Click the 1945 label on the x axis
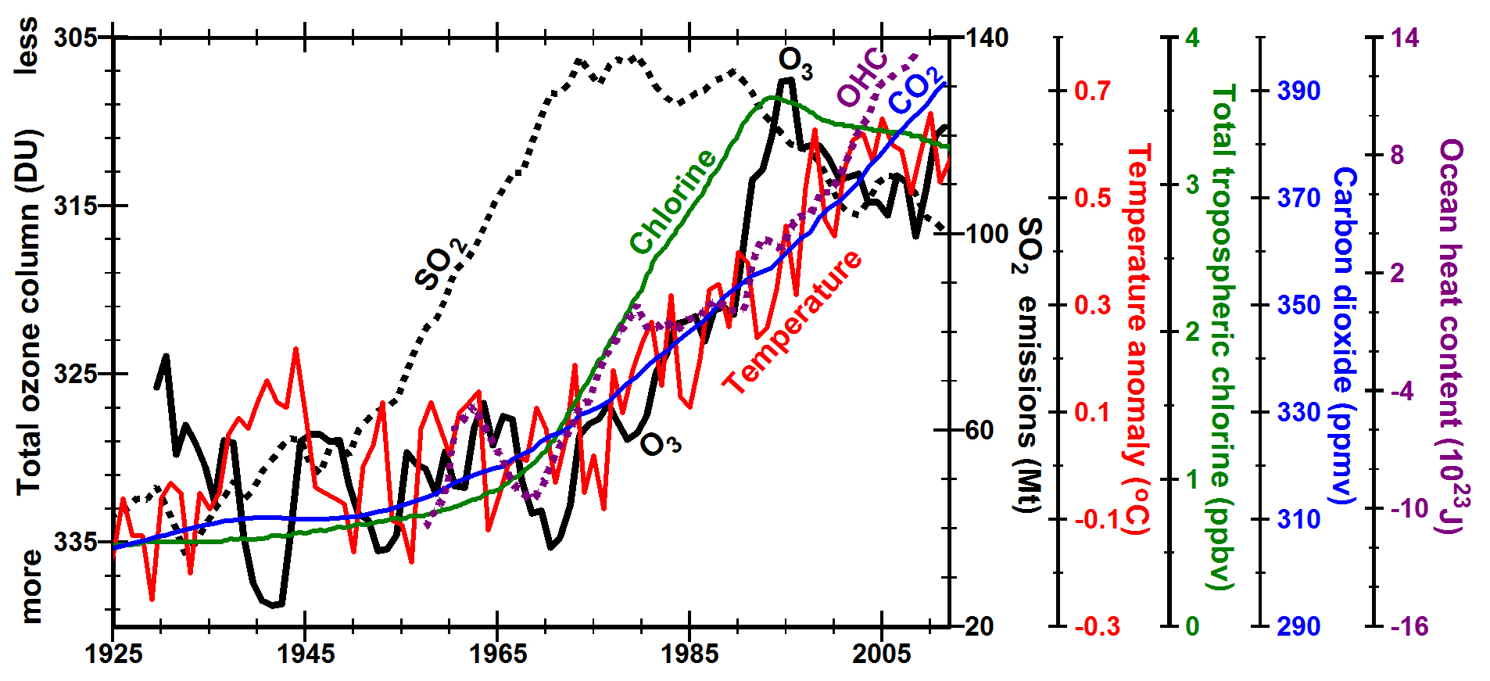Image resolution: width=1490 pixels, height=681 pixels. [x=306, y=654]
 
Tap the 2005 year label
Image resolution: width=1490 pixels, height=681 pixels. [x=882, y=654]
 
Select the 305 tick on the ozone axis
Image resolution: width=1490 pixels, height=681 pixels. [x=76, y=38]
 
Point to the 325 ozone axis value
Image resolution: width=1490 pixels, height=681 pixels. [x=76, y=374]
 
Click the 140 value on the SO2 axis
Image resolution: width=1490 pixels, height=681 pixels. [x=987, y=38]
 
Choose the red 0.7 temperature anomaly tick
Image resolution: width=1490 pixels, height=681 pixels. [x=1092, y=91]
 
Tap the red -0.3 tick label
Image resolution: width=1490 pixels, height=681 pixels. [x=1097, y=626]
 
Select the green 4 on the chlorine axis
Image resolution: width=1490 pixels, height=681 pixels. [x=1192, y=38]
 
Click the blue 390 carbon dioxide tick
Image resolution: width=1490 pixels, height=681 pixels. [x=1298, y=91]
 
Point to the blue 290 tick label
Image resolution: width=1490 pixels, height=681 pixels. [x=1298, y=626]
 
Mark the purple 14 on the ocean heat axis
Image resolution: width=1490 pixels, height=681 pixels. [x=1404, y=38]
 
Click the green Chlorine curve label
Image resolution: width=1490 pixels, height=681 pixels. [x=673, y=202]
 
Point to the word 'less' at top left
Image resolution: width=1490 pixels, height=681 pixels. [x=27, y=47]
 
